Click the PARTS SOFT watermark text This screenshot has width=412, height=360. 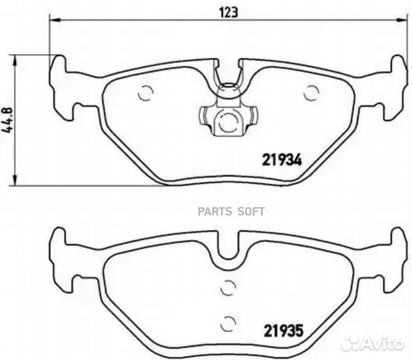point(237,212)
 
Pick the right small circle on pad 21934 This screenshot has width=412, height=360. point(310,94)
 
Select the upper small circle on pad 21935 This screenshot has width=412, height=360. point(227,288)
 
